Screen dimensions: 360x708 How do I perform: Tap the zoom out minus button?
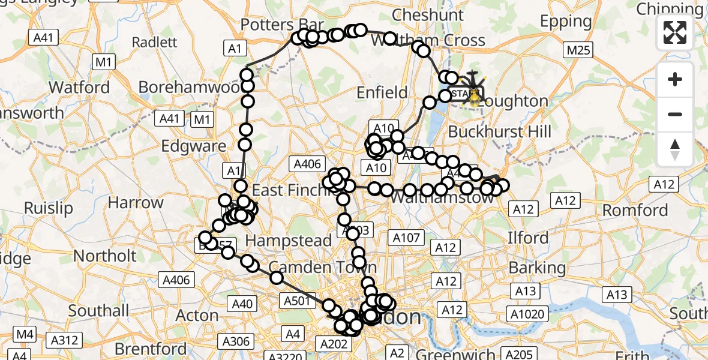(675, 114)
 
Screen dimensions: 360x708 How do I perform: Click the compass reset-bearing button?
(675, 149)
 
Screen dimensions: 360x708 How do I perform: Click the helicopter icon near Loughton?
(474, 84)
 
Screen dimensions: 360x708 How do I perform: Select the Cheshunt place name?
(428, 15)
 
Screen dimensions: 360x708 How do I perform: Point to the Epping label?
(566, 22)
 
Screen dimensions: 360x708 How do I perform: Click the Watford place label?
(79, 87)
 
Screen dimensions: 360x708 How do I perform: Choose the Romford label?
(635, 210)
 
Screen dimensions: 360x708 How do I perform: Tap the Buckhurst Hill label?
(499, 131)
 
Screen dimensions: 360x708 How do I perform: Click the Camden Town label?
(323, 267)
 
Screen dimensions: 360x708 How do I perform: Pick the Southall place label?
(98, 311)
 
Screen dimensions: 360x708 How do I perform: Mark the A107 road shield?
(407, 238)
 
